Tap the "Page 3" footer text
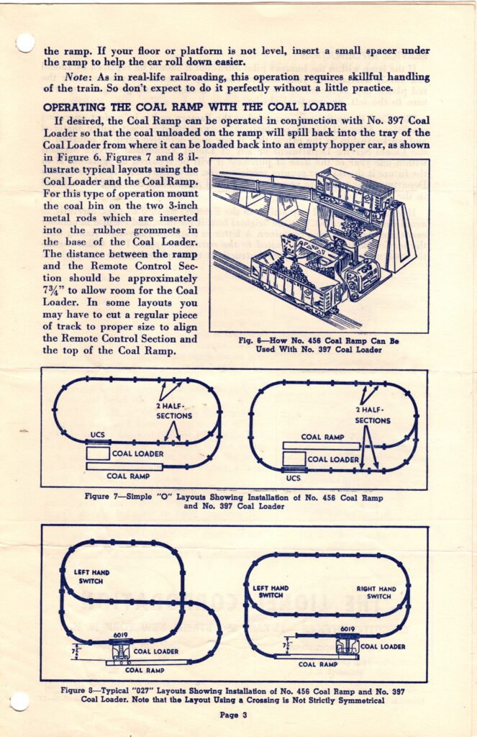(x=234, y=715)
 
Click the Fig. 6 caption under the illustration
(x=319, y=345)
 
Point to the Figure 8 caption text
(x=233, y=695)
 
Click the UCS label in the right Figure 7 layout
(x=293, y=477)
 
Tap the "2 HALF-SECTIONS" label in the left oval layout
(x=174, y=411)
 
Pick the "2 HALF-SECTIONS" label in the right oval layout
(x=372, y=415)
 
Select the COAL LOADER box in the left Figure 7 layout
(x=99, y=453)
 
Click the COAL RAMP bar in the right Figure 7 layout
(x=321, y=446)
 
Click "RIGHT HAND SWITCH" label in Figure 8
(x=376, y=592)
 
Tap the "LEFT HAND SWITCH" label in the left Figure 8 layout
(x=92, y=577)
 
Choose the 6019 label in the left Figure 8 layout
(x=121, y=635)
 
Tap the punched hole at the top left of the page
(x=24, y=43)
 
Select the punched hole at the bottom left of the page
(x=19, y=700)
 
